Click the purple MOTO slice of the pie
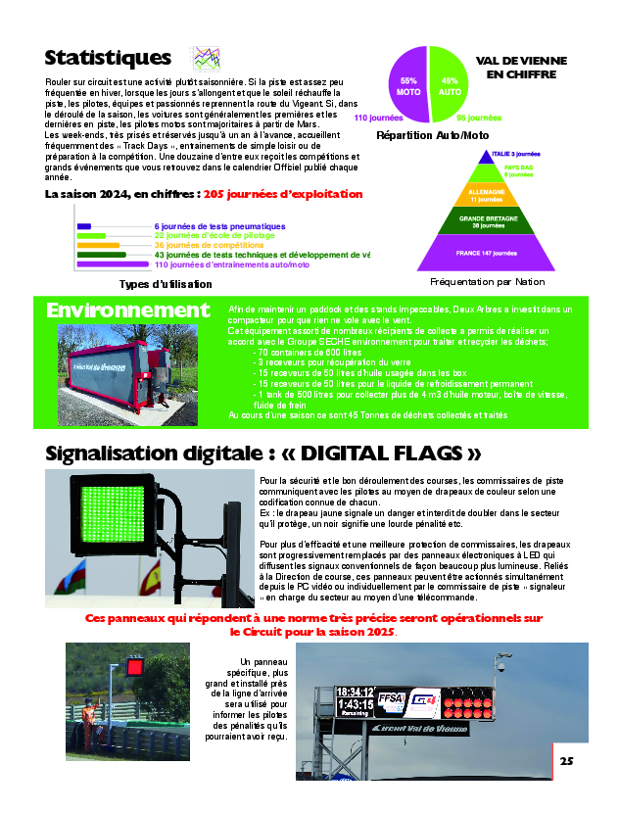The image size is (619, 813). click(406, 84)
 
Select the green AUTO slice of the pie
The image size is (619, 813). click(452, 84)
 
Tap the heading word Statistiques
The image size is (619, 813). click(108, 58)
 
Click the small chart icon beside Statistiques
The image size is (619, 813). click(204, 58)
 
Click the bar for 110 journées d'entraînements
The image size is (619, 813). click(112, 264)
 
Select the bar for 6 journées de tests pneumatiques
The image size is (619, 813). click(83, 226)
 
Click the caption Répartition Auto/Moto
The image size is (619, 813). click(432, 135)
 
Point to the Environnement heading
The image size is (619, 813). click(127, 311)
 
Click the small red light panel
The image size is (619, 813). click(135, 667)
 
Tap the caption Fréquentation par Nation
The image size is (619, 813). click(487, 282)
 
